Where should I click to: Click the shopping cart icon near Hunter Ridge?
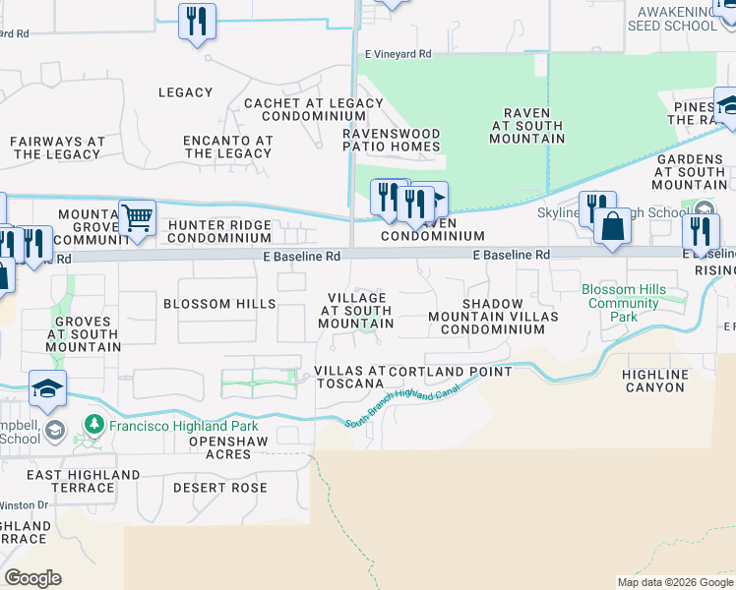(138, 217)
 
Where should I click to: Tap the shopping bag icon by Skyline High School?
(612, 225)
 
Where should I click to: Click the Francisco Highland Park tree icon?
(94, 426)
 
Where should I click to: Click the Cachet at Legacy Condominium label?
(313, 109)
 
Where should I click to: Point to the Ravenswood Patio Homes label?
(391, 139)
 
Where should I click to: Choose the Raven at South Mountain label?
(527, 126)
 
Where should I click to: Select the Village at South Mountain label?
(357, 310)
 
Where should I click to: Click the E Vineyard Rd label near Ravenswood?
(398, 55)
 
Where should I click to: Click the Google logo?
(32, 578)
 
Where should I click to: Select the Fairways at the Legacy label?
(57, 147)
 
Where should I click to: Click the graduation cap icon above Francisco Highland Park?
(47, 388)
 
